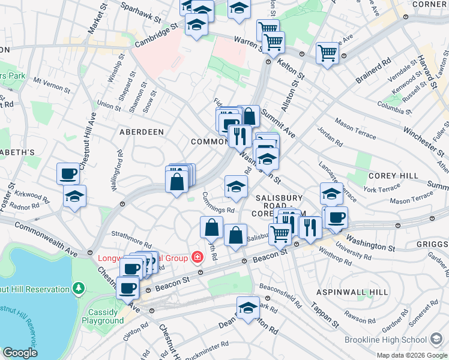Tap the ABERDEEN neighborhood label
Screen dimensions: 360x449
click(x=141, y=131)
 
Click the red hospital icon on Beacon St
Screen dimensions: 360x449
click(x=196, y=257)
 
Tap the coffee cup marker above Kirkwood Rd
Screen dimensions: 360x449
click(x=68, y=173)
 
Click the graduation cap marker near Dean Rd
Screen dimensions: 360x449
click(x=248, y=308)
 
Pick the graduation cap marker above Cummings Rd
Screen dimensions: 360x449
click(x=236, y=186)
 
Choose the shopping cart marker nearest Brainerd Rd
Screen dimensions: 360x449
click(x=328, y=52)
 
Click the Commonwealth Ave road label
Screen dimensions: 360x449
click(x=46, y=239)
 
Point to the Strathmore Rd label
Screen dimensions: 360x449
click(x=130, y=232)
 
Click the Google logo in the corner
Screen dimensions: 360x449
click(x=19, y=353)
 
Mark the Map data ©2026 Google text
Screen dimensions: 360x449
click(x=411, y=355)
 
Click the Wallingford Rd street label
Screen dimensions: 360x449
click(x=117, y=170)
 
